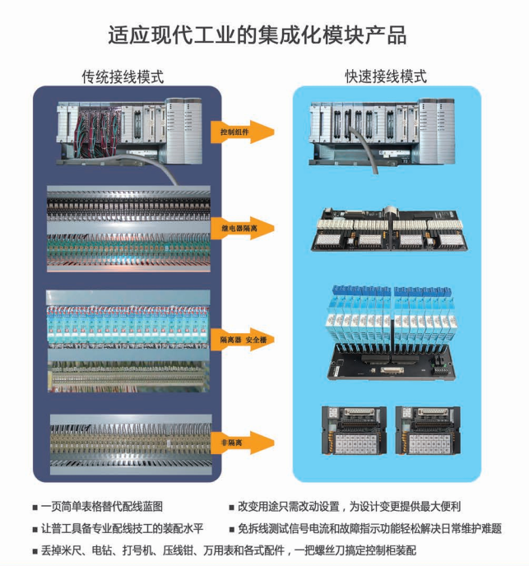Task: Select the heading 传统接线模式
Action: click(x=123, y=77)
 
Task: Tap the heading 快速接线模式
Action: click(x=386, y=77)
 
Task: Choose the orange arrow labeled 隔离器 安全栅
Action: click(x=247, y=339)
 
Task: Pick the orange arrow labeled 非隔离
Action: click(x=247, y=443)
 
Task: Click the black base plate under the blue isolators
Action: click(x=387, y=361)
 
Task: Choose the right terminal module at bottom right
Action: click(x=427, y=431)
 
